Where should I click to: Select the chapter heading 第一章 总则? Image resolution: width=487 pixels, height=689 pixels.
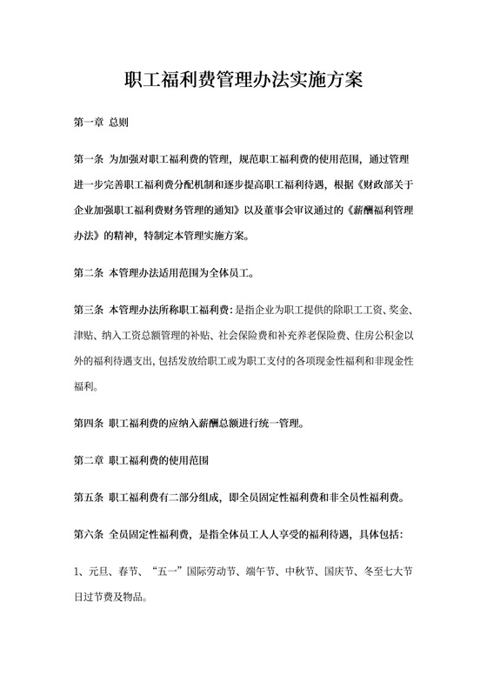[x=100, y=122]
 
